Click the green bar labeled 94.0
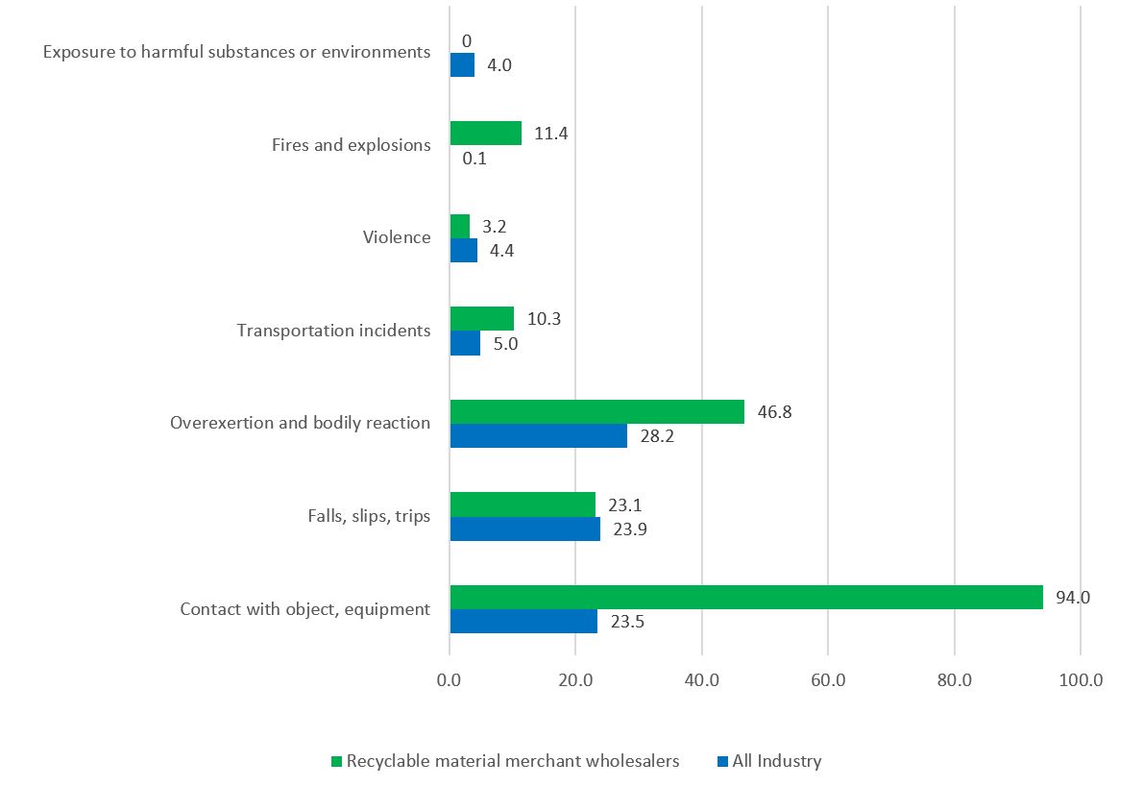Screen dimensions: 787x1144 point(745,597)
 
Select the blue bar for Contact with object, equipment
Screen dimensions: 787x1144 point(523,622)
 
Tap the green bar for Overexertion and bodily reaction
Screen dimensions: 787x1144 point(596,411)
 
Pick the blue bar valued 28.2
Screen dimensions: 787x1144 point(538,436)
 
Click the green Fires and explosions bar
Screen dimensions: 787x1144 point(485,133)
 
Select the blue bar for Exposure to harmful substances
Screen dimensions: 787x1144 point(462,65)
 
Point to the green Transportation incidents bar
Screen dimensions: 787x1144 point(481,318)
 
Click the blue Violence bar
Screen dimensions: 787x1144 point(463,251)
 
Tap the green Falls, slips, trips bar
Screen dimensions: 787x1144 point(523,504)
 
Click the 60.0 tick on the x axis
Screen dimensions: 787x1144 point(828,680)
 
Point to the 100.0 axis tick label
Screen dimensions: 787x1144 point(1080,680)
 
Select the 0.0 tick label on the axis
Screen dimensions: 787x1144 point(450,680)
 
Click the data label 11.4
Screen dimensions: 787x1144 point(550,134)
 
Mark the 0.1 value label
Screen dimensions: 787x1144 point(475,159)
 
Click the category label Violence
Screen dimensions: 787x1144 point(397,237)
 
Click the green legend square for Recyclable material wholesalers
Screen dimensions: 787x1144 point(336,762)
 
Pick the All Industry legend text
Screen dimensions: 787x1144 point(777,761)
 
